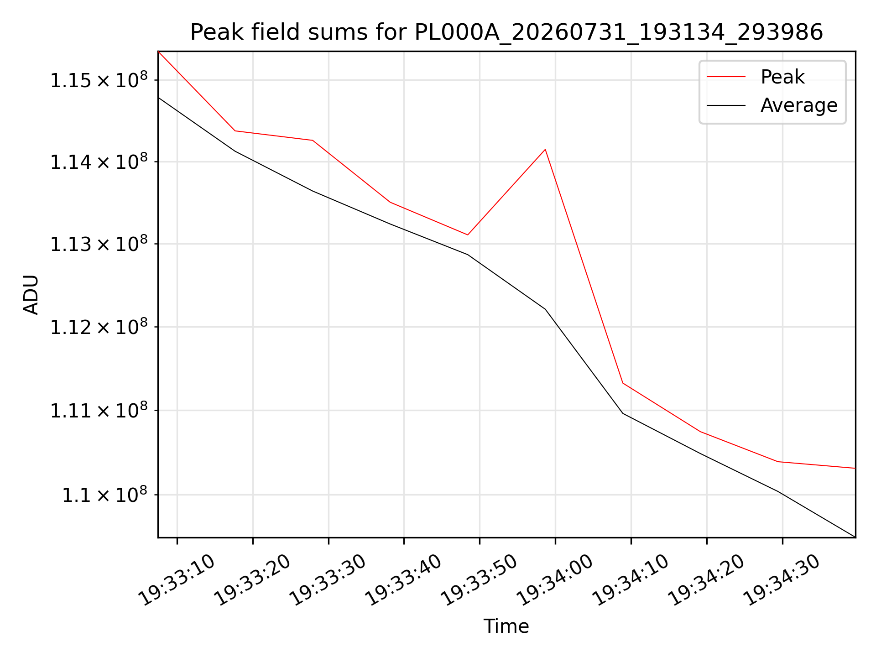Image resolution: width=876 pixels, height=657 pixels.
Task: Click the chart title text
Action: [506, 32]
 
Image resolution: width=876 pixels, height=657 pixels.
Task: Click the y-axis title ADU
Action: [31, 294]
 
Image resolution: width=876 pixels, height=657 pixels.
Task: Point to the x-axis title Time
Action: [506, 626]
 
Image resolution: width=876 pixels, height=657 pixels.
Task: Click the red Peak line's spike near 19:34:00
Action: [545, 149]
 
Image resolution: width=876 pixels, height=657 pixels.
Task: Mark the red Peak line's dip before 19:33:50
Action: [468, 235]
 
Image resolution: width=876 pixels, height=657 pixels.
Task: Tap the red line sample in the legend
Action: [726, 77]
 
